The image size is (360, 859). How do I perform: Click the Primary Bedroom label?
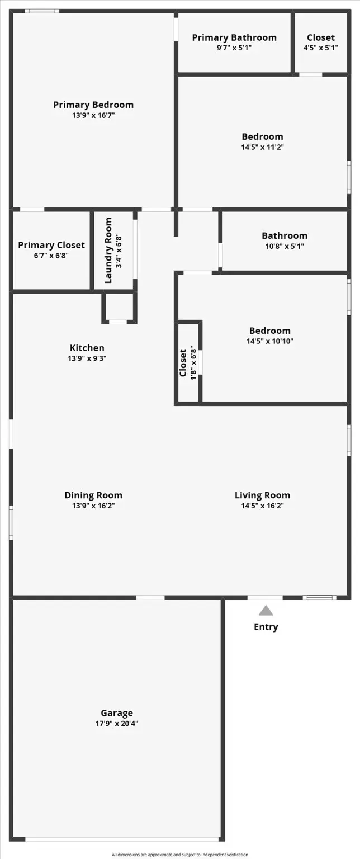(x=93, y=105)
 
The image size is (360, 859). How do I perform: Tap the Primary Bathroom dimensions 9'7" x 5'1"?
(x=234, y=48)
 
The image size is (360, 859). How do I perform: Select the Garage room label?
(x=117, y=712)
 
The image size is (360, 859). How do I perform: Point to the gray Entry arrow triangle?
(x=266, y=611)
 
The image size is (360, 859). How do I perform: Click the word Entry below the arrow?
(x=266, y=627)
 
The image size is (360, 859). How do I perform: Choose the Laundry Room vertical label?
(x=108, y=251)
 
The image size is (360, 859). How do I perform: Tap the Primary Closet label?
(x=51, y=245)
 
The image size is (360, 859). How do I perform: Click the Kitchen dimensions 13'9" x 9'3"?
(x=87, y=358)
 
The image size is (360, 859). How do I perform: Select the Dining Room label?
(x=93, y=495)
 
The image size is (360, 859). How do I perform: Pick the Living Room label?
(x=262, y=495)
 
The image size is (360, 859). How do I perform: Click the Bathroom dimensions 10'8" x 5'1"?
(x=285, y=246)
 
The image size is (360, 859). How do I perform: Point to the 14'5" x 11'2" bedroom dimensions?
(x=262, y=147)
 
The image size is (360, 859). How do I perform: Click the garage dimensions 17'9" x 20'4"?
(x=117, y=723)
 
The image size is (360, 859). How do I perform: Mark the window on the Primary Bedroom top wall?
(x=42, y=11)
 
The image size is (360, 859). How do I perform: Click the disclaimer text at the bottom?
(x=179, y=855)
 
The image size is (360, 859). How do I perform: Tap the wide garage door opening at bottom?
(x=122, y=839)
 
